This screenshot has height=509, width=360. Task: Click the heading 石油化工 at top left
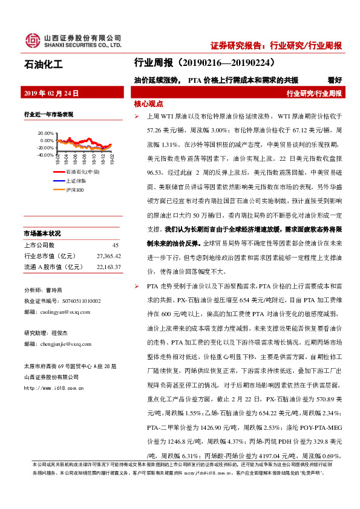pos(43,63)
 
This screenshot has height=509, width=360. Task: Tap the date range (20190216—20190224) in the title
pos(229,62)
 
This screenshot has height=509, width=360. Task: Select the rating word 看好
pos(334,79)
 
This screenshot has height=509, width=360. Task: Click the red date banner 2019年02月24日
pos(51,93)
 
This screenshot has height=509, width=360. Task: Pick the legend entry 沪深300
pos(75,189)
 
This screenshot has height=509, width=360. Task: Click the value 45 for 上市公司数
pos(115,245)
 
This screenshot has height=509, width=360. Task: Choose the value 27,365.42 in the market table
pos(108,256)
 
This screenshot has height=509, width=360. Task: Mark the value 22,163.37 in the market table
pos(108,267)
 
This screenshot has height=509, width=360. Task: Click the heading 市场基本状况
pos(42,233)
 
